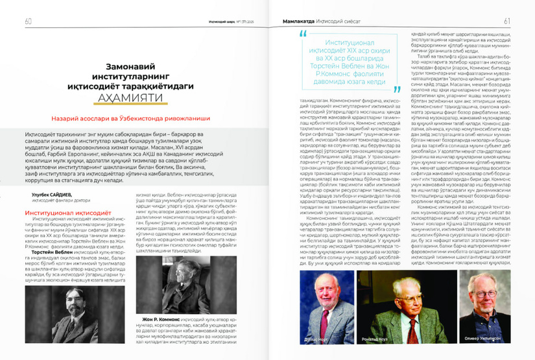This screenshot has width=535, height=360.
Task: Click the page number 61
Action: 507,20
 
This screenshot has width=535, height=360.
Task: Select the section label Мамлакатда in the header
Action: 289,21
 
